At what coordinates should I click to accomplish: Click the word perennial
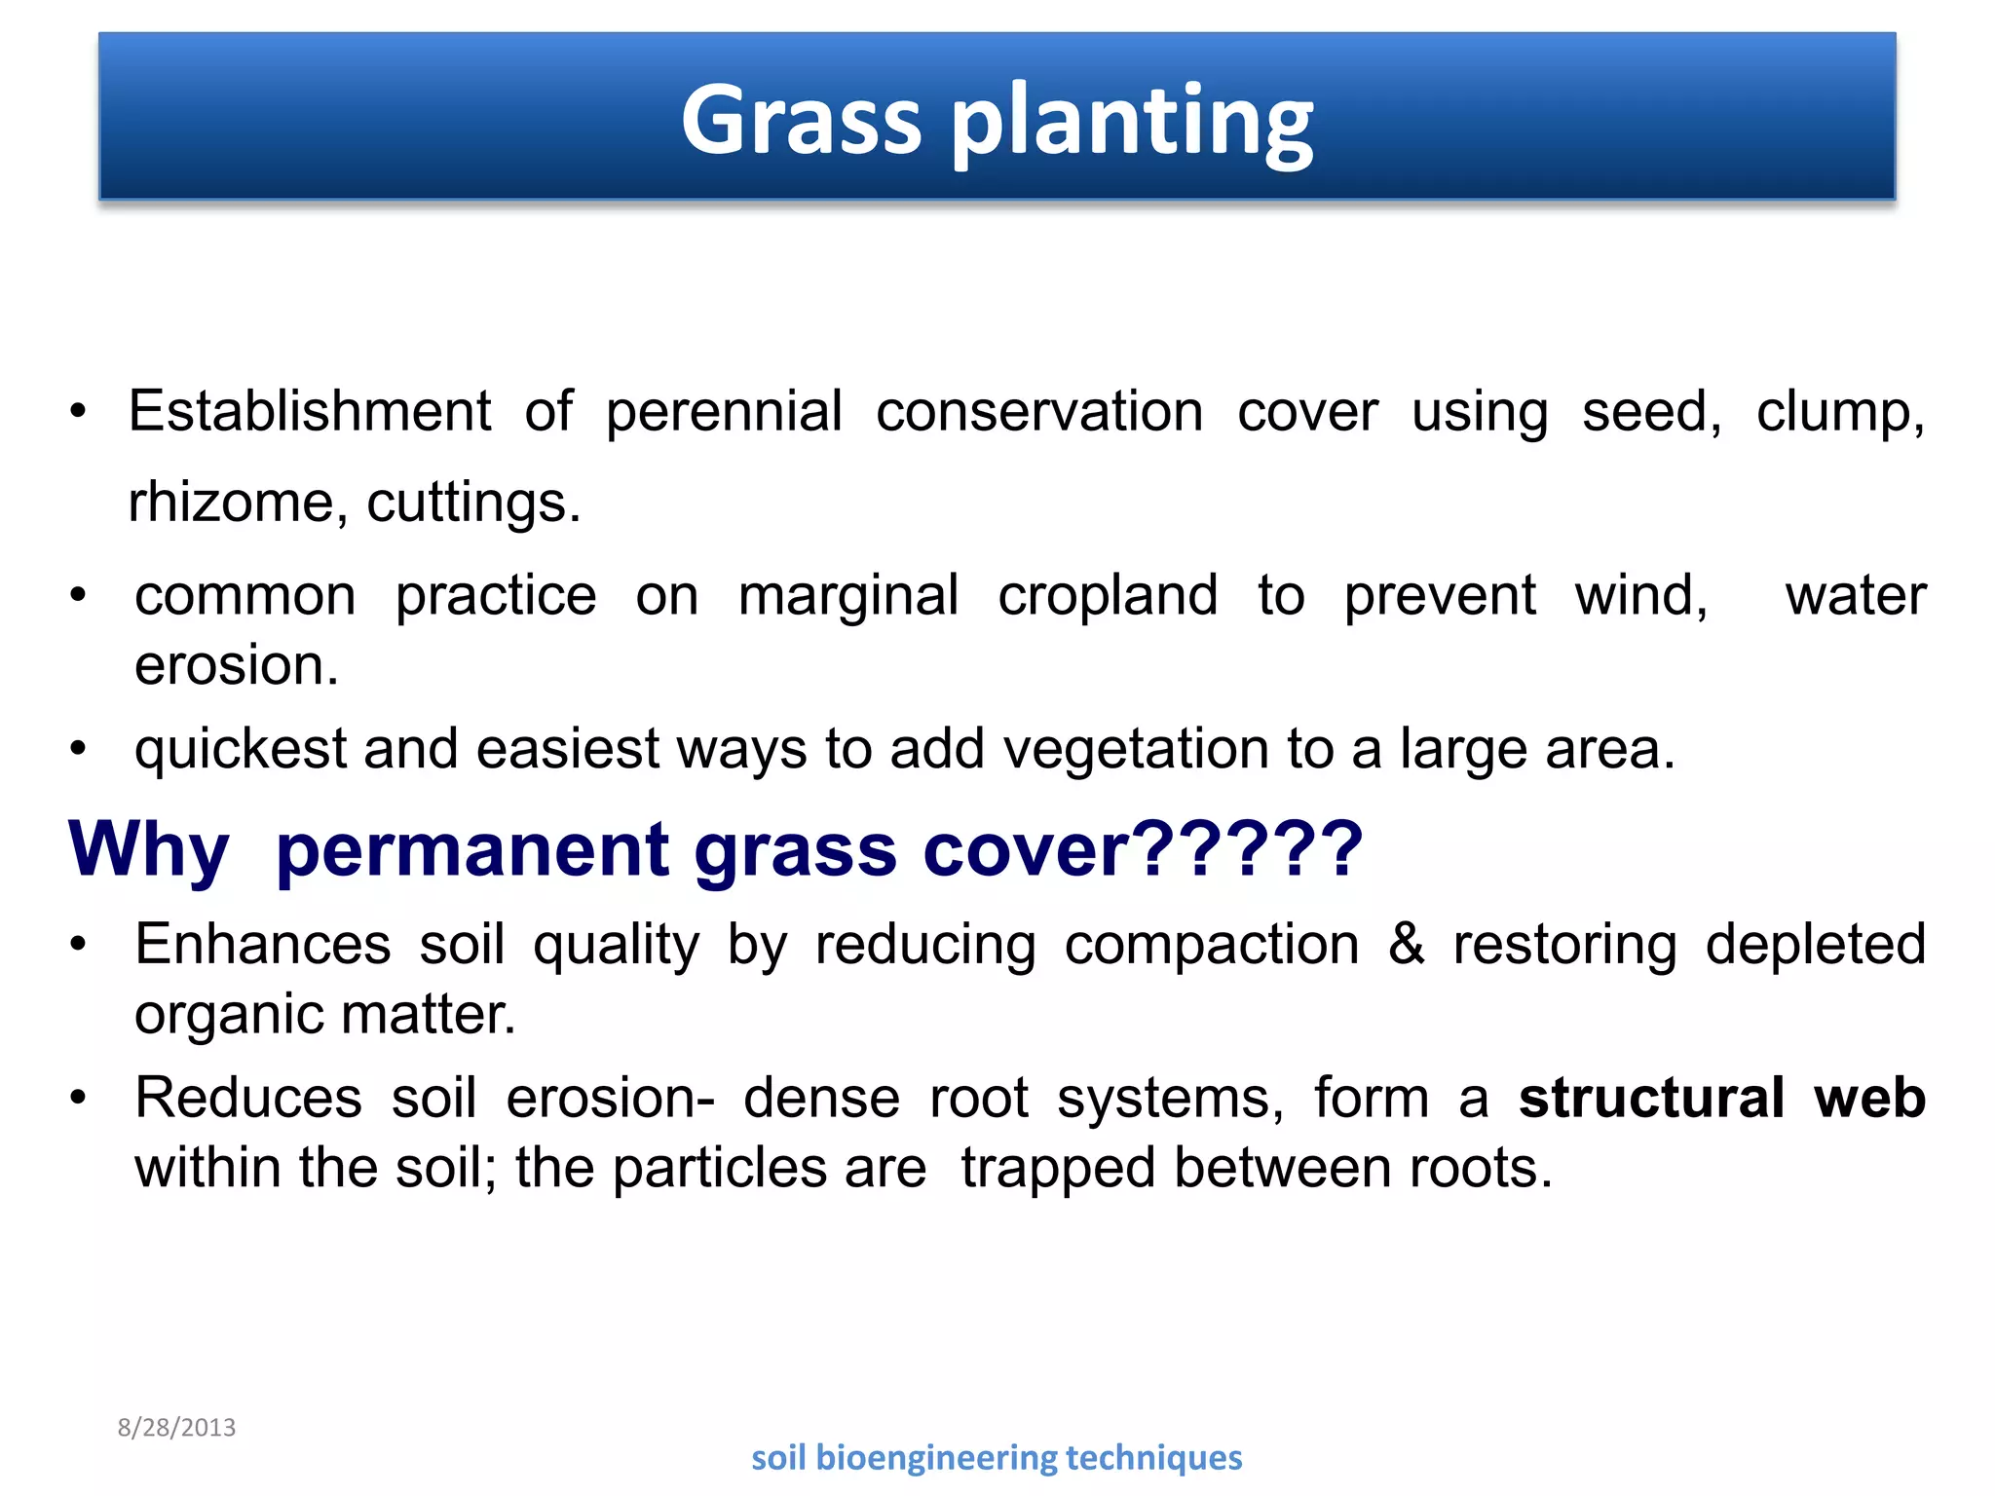pyautogui.click(x=724, y=412)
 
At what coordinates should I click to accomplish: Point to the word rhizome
pyautogui.click(x=232, y=503)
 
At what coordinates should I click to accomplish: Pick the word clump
pyautogui.click(x=1839, y=412)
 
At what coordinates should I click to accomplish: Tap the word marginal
pyautogui.click(x=847, y=597)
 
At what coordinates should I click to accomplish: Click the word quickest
pyautogui.click(x=241, y=750)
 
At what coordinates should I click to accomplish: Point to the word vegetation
pyautogui.click(x=1135, y=750)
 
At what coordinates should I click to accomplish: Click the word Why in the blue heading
pyautogui.click(x=149, y=850)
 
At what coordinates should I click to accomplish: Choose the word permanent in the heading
pyautogui.click(x=472, y=850)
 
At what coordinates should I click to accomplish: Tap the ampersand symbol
pyautogui.click(x=1406, y=943)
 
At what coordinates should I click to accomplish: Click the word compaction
pyautogui.click(x=1211, y=945)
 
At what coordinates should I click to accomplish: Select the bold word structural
pyautogui.click(x=1651, y=1098)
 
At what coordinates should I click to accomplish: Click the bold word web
pyautogui.click(x=1869, y=1098)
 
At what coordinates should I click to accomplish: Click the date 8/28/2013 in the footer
pyautogui.click(x=176, y=1428)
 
